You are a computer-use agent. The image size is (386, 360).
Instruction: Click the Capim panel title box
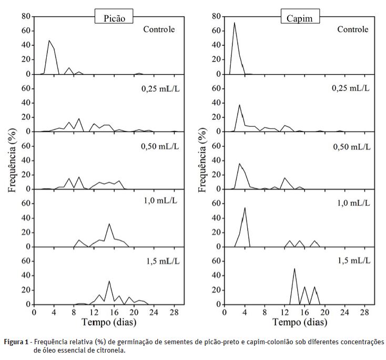tap(300, 17)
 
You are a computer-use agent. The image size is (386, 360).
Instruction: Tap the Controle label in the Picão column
tap(159, 29)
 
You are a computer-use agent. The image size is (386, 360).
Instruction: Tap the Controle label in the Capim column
tap(352, 29)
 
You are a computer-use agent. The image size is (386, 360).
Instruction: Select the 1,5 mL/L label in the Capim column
tap(352, 259)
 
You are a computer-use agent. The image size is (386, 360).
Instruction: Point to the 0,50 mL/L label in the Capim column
tap(351, 145)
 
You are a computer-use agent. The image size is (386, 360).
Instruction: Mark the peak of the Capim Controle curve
tap(235, 22)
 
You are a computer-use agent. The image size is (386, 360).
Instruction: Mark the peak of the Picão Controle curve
tap(49, 41)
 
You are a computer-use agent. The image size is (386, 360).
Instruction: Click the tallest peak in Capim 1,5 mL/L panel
tap(294, 268)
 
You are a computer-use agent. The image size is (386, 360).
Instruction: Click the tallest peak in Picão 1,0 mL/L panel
tap(109, 224)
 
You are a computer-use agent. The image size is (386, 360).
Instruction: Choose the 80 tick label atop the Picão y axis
tap(25, 16)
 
